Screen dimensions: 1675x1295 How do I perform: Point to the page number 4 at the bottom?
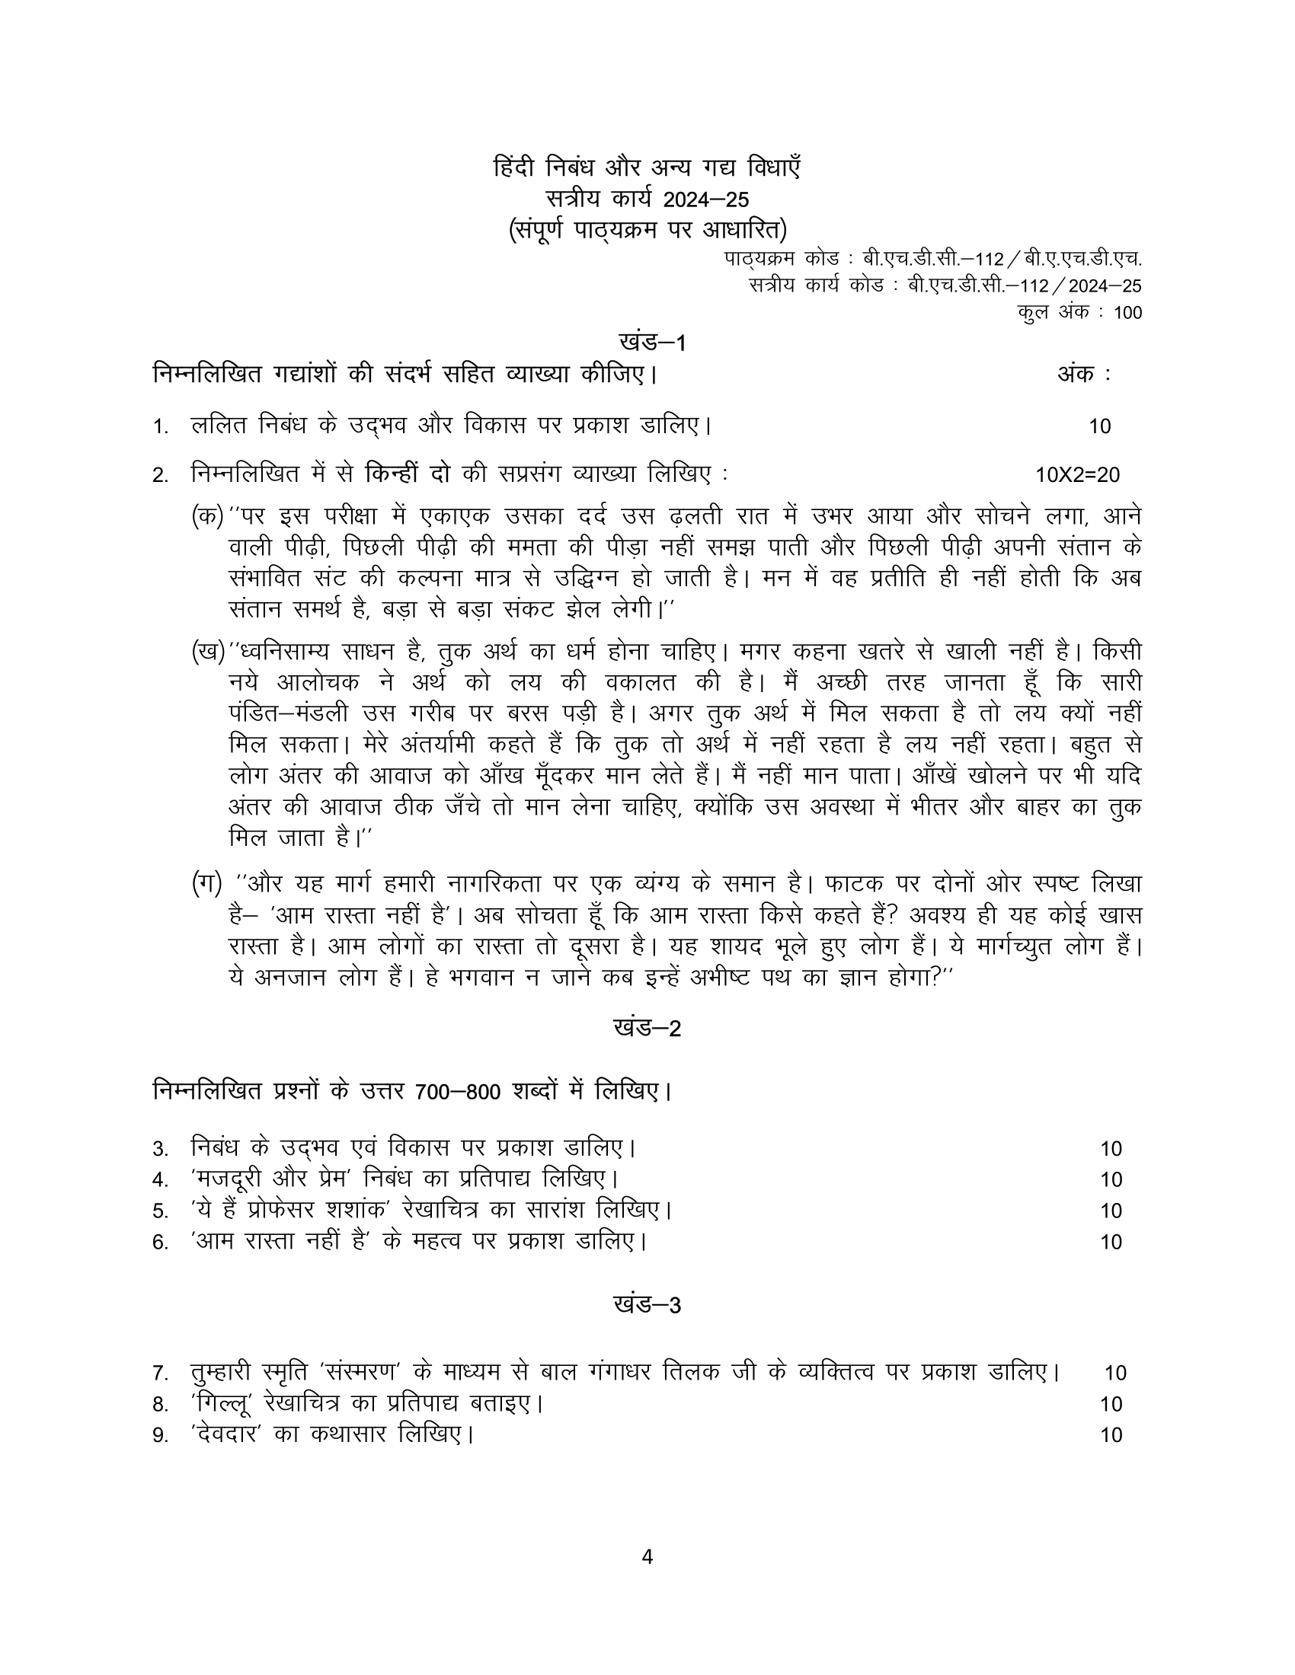tap(647, 1556)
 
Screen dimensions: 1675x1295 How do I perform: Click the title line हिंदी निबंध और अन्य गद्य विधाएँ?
tap(647, 168)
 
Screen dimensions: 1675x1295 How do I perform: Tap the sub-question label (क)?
tap(207, 515)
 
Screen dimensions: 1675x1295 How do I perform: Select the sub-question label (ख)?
tap(207, 652)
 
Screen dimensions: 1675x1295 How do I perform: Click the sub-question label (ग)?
tap(206, 883)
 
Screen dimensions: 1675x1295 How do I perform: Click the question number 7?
tap(159, 1373)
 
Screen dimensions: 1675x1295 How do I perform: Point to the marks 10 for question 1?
tap(1099, 426)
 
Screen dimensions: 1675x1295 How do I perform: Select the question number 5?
tap(159, 1212)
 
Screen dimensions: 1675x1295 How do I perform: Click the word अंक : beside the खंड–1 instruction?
tap(1084, 375)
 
